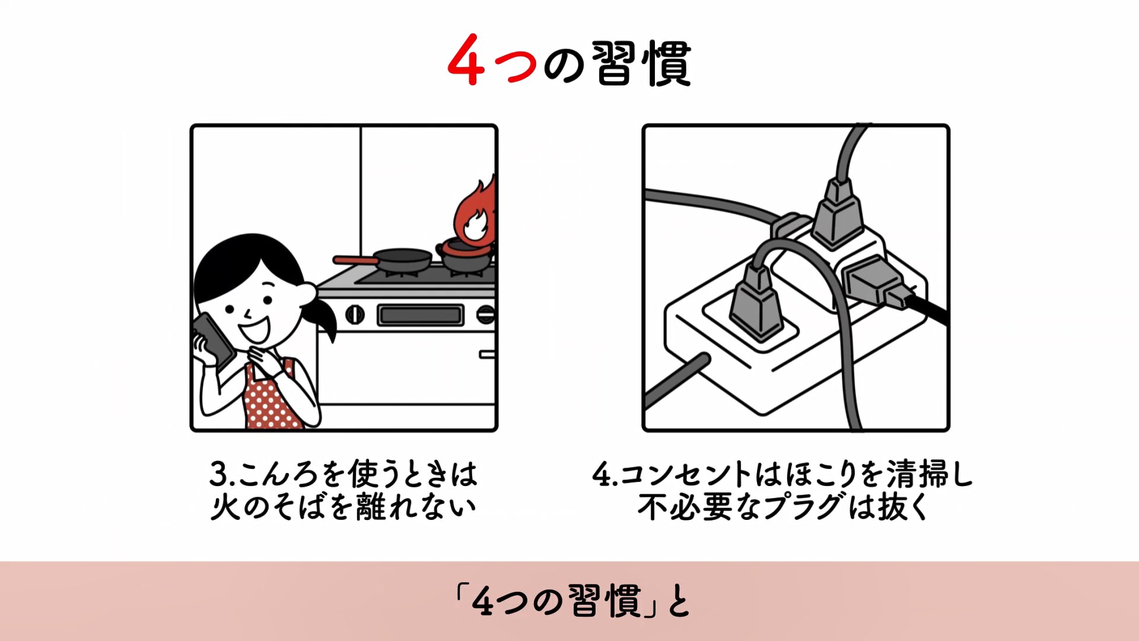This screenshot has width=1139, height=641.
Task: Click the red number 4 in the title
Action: pyautogui.click(x=467, y=61)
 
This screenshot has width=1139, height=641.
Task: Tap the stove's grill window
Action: pyautogui.click(x=420, y=315)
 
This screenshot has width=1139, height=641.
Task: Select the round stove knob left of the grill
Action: pyautogui.click(x=355, y=314)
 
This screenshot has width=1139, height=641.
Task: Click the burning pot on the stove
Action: pyautogui.click(x=467, y=255)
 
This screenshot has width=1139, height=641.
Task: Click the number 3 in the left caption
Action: pyautogui.click(x=219, y=474)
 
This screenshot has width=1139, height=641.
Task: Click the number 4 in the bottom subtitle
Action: pyautogui.click(x=483, y=601)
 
